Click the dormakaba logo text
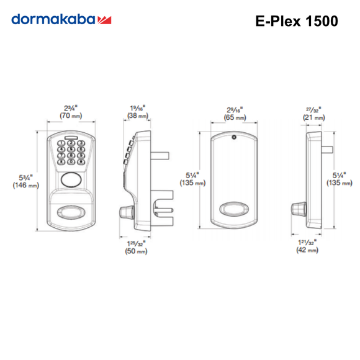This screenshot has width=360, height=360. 53,20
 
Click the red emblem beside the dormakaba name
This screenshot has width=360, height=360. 104,20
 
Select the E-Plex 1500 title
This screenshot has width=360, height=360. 296,20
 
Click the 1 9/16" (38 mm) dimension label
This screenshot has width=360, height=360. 137,111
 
